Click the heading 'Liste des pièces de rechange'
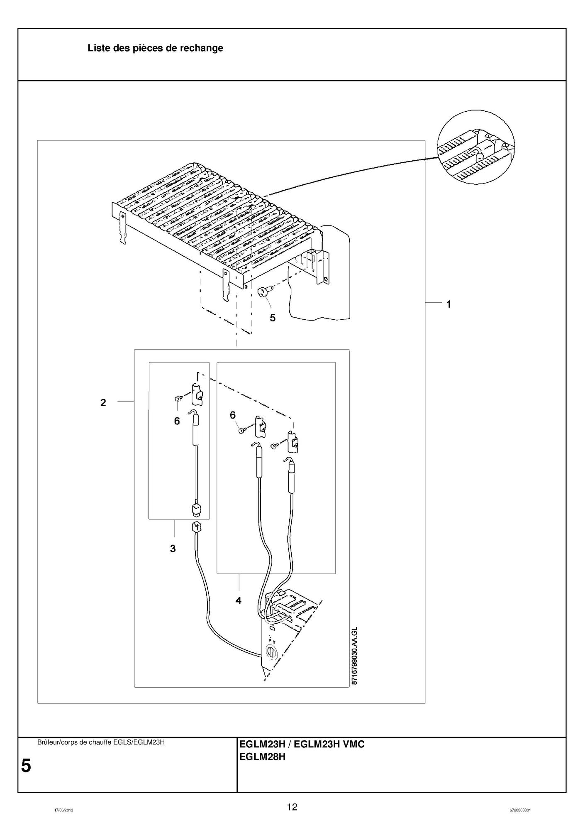[155, 48]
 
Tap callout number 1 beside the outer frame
[448, 304]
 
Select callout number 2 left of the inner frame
[103, 402]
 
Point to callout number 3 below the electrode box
[173, 549]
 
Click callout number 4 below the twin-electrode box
[238, 600]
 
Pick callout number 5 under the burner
[273, 318]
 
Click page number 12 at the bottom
[292, 807]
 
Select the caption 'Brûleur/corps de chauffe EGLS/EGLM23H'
[101, 742]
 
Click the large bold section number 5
[26, 765]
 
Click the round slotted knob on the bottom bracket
[270, 652]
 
